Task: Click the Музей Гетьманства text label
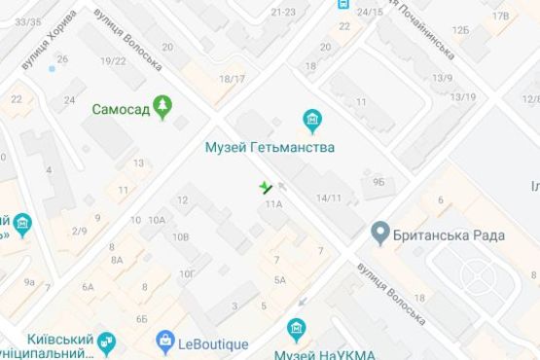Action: point(270,148)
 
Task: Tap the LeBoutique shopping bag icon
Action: point(164,342)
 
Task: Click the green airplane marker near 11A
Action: point(265,186)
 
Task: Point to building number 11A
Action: point(272,204)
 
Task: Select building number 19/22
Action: point(113,60)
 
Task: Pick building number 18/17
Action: point(232,79)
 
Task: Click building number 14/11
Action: point(329,198)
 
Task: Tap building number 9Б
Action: point(378,180)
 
